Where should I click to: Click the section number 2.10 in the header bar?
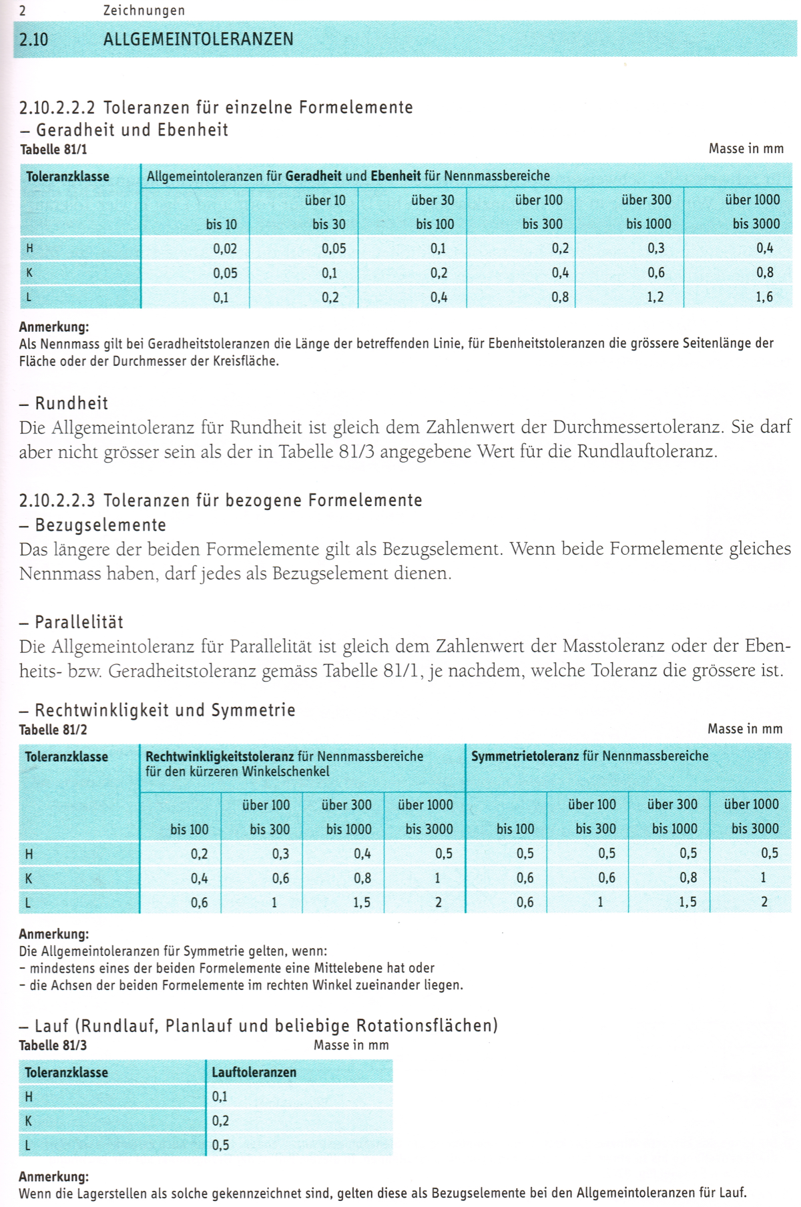33,39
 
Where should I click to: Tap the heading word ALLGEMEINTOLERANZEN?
198,39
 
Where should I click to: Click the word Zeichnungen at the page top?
144,11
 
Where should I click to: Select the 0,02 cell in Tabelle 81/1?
225,249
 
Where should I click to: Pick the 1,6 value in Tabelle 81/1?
764,297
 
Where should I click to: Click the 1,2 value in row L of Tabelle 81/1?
655,297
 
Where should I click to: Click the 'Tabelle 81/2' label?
53,730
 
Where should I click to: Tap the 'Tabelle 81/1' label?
53,150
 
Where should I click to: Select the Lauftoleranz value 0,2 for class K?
220,1121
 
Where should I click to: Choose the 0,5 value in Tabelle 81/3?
220,1145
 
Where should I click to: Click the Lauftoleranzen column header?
254,1072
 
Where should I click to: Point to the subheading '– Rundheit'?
64,403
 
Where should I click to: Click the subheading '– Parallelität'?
71,622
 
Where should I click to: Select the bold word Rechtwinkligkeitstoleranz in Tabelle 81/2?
220,756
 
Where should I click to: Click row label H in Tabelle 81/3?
29,1097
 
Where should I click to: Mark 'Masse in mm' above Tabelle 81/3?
351,1045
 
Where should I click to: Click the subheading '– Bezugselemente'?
93,525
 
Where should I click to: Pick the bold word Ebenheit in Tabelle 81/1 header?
396,176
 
